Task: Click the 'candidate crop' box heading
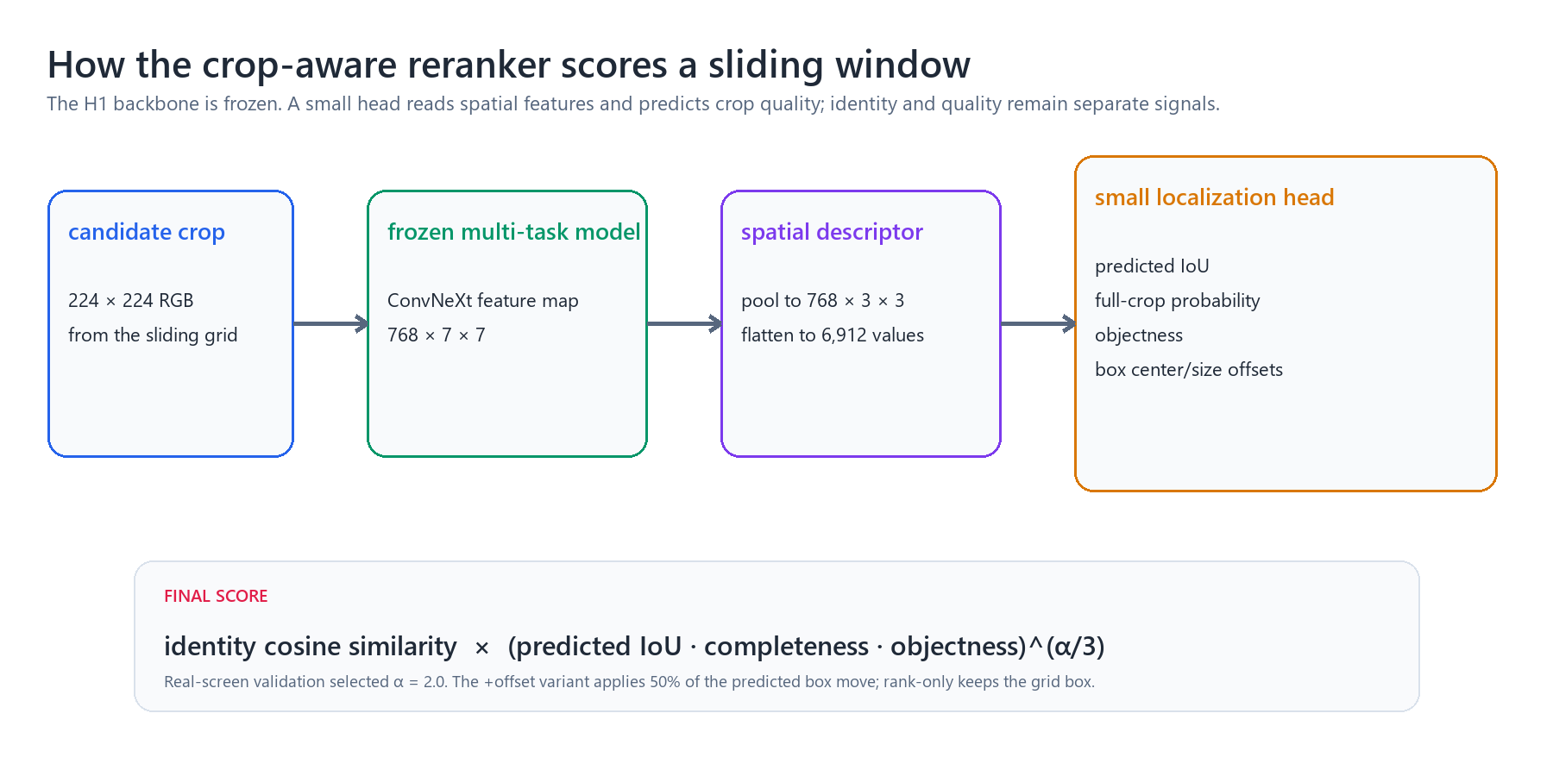coord(147,232)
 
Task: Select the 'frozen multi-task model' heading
coord(514,232)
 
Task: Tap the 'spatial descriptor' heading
coord(832,232)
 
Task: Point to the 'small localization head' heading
coord(1215,197)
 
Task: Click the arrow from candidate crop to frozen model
coord(331,324)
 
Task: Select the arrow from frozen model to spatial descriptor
coord(685,324)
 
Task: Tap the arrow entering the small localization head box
coord(1039,324)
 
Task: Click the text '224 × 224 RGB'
coord(131,301)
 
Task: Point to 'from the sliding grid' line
coord(153,335)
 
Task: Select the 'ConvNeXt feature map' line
coord(483,301)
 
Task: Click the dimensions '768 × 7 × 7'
coord(437,335)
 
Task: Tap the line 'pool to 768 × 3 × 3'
coord(823,301)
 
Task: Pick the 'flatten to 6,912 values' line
coord(833,335)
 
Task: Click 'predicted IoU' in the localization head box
coord(1152,266)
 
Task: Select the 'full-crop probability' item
coord(1178,301)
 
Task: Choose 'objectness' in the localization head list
coord(1139,335)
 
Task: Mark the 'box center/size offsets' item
coord(1189,370)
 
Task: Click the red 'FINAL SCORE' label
coord(216,596)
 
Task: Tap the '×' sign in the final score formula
coord(482,648)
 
